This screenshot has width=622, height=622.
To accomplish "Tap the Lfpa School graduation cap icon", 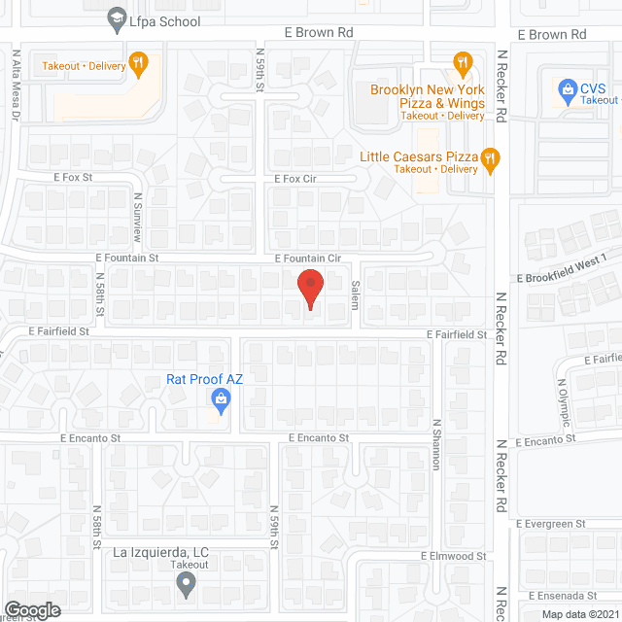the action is point(118,18).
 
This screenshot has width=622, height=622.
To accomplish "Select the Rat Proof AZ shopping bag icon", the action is point(223,398).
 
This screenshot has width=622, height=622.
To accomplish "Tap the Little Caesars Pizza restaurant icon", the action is point(491,157).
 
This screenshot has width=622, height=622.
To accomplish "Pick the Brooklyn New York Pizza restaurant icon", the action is point(464,64).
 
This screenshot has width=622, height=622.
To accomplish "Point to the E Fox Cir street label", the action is point(302,179).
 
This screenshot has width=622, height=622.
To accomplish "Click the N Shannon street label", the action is point(436,445).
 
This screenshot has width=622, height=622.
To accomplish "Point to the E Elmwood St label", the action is point(454,556).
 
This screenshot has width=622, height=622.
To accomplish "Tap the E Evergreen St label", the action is point(552,524).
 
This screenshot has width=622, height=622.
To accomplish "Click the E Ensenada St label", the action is point(563,595).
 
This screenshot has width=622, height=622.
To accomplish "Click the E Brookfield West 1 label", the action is point(563,271).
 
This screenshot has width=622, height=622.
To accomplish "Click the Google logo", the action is point(31,610).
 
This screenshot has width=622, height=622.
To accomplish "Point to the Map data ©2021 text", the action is point(577,613).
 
